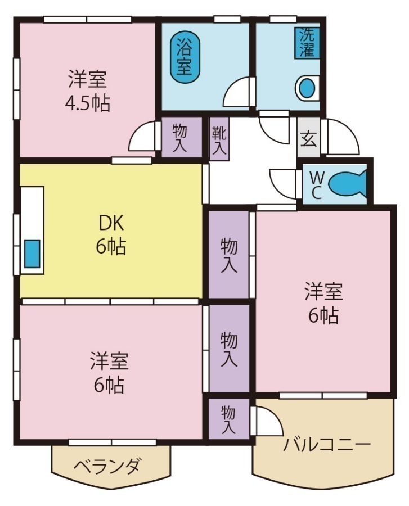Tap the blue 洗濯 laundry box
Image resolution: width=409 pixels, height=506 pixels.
click(x=307, y=43)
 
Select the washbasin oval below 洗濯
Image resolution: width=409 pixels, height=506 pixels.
click(x=307, y=88)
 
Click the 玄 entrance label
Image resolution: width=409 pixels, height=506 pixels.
click(x=308, y=137)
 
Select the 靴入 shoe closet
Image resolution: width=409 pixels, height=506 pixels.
click(x=219, y=139)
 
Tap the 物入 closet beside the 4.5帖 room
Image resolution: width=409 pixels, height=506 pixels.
click(x=181, y=137)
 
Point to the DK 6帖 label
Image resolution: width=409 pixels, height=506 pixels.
click(x=111, y=235)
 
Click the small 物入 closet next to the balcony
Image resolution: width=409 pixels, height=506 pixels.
click(x=228, y=419)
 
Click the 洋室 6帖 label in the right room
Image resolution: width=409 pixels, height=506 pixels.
click(x=323, y=304)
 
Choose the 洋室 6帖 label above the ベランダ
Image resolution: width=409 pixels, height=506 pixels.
click(x=109, y=373)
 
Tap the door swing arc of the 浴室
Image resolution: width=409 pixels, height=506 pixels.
click(x=236, y=92)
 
